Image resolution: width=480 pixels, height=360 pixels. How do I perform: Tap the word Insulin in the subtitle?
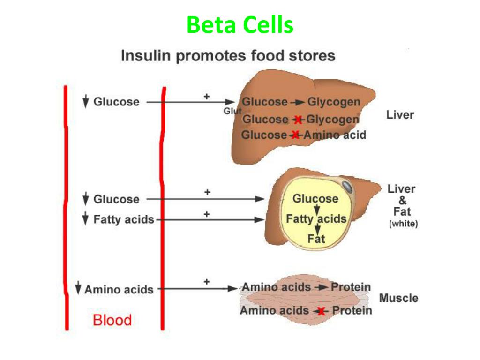click(x=146, y=56)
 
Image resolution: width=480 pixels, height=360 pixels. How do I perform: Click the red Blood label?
click(x=112, y=320)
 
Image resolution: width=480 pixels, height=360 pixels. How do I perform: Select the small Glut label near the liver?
click(x=232, y=111)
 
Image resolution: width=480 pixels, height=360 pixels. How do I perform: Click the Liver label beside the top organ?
click(x=400, y=115)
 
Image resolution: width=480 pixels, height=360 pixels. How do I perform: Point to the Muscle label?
click(x=398, y=298)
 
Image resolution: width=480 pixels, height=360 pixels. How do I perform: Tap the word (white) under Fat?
click(x=404, y=224)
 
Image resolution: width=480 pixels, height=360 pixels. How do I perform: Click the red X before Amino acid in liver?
click(x=295, y=135)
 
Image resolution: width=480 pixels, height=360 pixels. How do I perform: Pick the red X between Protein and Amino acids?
click(x=321, y=312)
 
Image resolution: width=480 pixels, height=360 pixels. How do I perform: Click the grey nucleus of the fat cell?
click(x=347, y=187)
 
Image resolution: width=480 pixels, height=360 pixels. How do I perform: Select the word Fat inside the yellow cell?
click(x=316, y=239)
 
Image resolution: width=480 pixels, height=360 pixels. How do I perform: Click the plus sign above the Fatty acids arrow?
click(x=207, y=214)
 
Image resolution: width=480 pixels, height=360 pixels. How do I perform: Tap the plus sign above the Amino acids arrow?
click(x=207, y=282)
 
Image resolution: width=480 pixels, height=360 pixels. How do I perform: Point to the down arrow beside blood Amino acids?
click(x=78, y=288)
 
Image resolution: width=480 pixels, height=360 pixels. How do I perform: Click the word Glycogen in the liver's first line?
click(x=334, y=102)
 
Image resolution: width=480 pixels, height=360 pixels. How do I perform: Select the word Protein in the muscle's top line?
click(x=351, y=287)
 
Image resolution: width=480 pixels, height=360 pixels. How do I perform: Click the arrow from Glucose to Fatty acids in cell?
click(x=317, y=210)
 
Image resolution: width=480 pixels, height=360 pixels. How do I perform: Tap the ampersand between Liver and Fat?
click(x=403, y=201)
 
